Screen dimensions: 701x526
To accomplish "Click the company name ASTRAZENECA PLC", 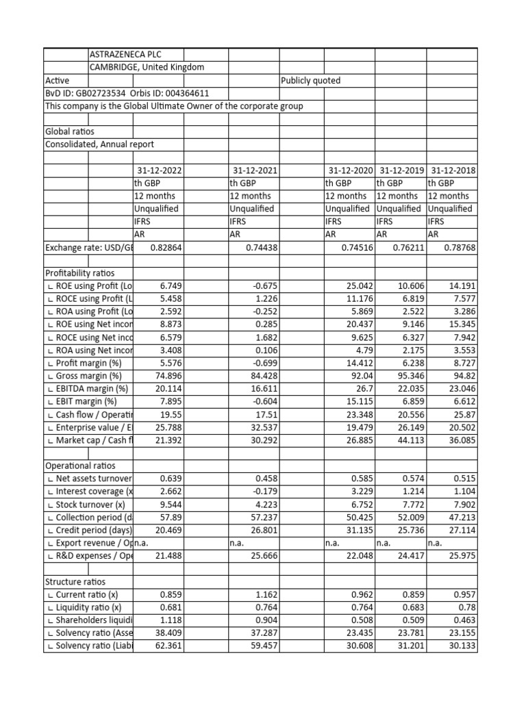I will [126, 55].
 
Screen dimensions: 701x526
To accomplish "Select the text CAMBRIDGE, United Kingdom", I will [147, 67].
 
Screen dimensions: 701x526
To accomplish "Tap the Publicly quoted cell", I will [311, 80].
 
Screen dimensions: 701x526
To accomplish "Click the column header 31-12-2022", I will [159, 170].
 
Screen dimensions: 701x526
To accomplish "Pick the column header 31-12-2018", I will [452, 170].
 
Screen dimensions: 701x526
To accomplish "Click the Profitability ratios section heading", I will [81, 272].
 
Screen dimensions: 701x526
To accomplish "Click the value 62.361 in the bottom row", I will [166, 646].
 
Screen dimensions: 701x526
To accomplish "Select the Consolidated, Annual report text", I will [99, 144].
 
